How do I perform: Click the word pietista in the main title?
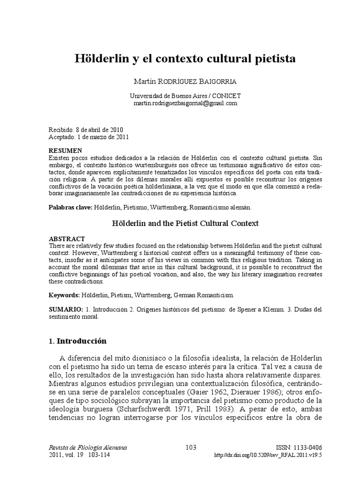pyautogui.click(x=271, y=60)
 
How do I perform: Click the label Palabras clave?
pyautogui.click(x=71, y=207)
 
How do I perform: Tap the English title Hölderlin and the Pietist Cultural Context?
pyautogui.click(x=185, y=223)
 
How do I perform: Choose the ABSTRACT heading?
pyautogui.click(x=67, y=239)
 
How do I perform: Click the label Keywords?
pyautogui.click(x=64, y=295)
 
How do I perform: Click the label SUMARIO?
pyautogui.click(x=66, y=310)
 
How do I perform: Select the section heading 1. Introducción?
pyautogui.click(x=78, y=341)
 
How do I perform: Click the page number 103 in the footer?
pyautogui.click(x=191, y=447)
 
